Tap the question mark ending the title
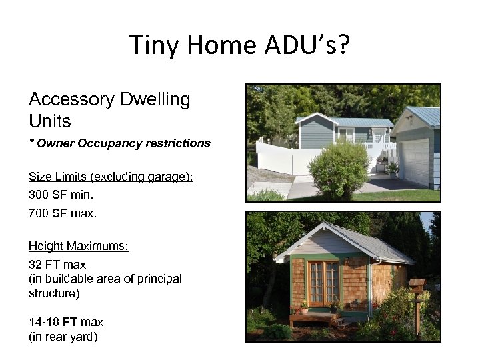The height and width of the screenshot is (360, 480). point(344,45)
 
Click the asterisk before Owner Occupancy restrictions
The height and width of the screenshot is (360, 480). point(31,143)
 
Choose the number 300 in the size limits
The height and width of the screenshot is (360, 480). point(39,195)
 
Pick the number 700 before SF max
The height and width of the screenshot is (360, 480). point(39,214)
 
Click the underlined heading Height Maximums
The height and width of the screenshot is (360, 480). point(78,247)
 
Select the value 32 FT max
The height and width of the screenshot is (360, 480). point(57,265)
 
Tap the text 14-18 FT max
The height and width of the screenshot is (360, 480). point(65,322)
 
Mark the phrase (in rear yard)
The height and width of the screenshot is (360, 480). point(63,337)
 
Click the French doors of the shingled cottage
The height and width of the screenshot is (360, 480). point(323,283)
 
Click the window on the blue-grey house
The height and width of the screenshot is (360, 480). point(347,135)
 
